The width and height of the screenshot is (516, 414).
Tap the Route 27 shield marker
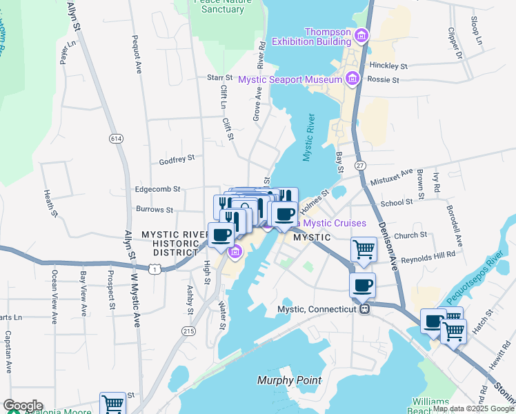tap(360, 166)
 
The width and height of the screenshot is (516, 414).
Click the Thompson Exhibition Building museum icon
tap(360, 34)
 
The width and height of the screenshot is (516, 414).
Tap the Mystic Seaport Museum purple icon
tap(353, 79)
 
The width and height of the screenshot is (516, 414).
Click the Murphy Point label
tap(289, 380)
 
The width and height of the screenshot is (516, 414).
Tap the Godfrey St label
tap(177, 158)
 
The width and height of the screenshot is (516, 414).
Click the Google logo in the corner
tap(23, 406)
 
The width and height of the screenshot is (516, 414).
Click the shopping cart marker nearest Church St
tap(364, 249)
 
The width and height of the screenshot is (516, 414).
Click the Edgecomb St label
tap(157, 188)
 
